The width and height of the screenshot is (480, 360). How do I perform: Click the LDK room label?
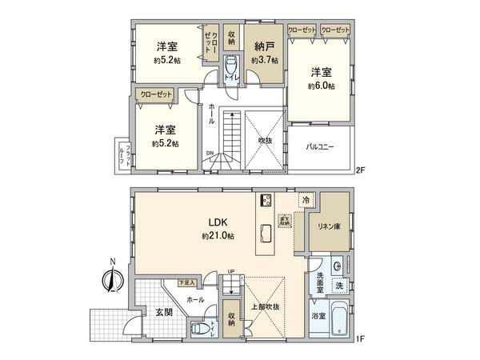218,222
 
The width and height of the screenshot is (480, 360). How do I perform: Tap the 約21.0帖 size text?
218,237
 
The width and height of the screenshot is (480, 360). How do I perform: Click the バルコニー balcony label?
320,147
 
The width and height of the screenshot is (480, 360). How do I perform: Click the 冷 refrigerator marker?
306,200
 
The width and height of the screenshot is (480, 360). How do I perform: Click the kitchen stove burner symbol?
266,201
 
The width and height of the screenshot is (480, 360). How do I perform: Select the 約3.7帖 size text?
264,61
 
